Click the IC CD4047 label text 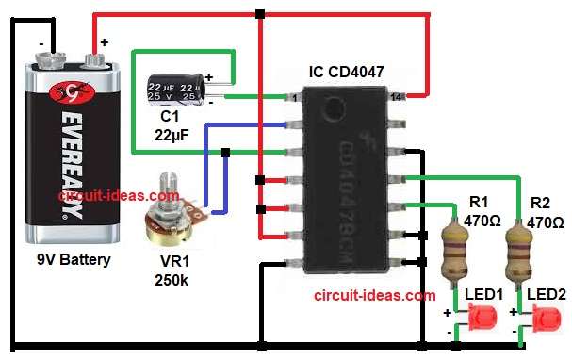point(346,72)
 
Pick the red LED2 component point(542,322)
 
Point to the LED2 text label point(547,294)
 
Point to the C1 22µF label point(172,125)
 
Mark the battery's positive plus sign point(104,42)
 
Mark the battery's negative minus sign point(41,42)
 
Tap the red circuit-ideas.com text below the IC point(374,295)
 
